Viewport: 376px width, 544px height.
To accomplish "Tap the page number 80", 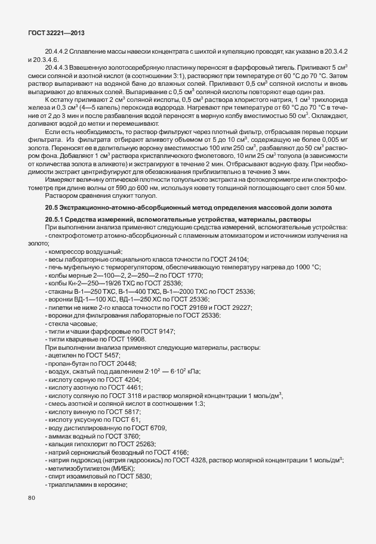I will click(32, 498).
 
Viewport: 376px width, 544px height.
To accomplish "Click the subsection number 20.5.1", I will click(56, 220).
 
